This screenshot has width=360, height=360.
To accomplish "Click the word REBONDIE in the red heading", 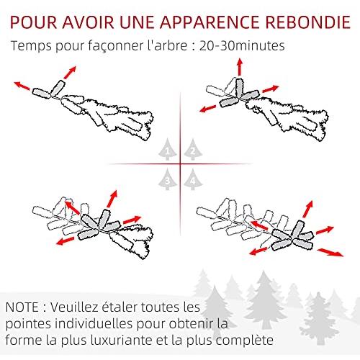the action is coord(308,22).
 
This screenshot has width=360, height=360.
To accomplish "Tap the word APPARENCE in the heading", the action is coord(210,22).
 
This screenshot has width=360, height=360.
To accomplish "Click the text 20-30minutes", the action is coord(242,45).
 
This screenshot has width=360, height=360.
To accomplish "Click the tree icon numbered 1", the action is coord(168,150).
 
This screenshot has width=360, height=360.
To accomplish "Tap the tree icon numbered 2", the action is coord(193,150).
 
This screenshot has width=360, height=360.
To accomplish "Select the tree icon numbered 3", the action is coord(168,179).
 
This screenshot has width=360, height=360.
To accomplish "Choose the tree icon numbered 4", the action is coord(193,179).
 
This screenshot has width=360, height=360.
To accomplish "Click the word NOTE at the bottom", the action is coord(22,307).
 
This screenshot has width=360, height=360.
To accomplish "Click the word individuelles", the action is coord(94,323).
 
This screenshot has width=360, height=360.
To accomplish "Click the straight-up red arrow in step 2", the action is coord(240,67).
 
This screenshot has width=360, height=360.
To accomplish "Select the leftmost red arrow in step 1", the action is coord(22,86).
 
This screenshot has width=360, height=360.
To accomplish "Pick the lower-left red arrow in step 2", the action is coord(208,109).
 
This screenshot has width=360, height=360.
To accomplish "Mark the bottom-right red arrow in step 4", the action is coord(330,253).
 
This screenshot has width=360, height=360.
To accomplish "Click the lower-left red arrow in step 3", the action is coord(66,240).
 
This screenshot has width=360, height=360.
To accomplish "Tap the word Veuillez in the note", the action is coord(74,307).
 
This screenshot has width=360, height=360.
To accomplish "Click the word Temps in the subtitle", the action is coord(31,46).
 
